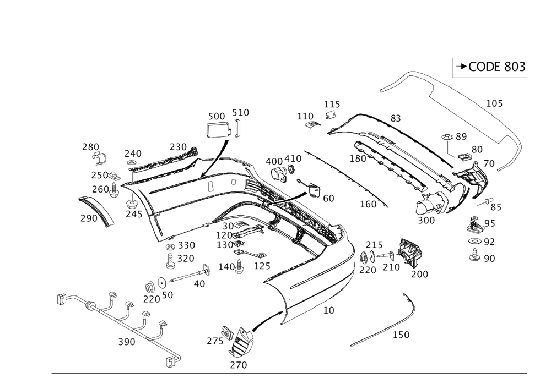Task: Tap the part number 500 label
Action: pyautogui.click(x=216, y=116)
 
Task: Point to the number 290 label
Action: pyautogui.click(x=88, y=218)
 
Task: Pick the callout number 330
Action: pyautogui.click(x=186, y=244)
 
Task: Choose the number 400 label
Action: pyautogui.click(x=273, y=160)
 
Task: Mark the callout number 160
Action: pyautogui.click(x=368, y=204)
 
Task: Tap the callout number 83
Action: pyautogui.click(x=395, y=118)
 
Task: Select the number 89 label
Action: pyautogui.click(x=461, y=136)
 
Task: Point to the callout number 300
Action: pyautogui.click(x=426, y=220)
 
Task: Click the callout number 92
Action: pyautogui.click(x=489, y=240)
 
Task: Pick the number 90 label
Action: pyautogui.click(x=489, y=257)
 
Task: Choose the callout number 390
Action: pyautogui.click(x=127, y=342)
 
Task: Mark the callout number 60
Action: pyautogui.click(x=328, y=198)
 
